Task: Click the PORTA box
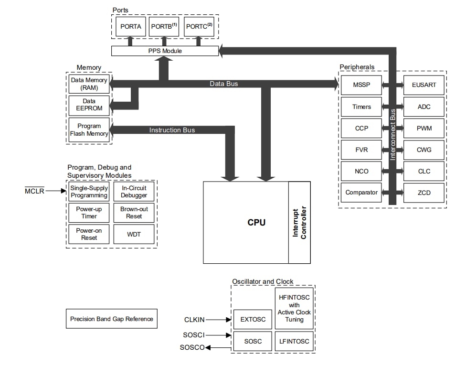(x=130, y=27)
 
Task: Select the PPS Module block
(x=165, y=51)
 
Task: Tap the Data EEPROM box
(x=89, y=105)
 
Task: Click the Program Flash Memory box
(x=89, y=130)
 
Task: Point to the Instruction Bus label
(x=172, y=130)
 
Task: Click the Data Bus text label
(x=223, y=84)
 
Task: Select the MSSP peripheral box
(x=361, y=85)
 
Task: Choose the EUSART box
(x=424, y=85)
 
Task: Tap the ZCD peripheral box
(x=424, y=193)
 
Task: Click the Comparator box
(x=361, y=193)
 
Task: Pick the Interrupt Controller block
(x=299, y=223)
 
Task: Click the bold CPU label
(x=256, y=222)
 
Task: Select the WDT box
(x=134, y=234)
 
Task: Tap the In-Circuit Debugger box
(x=134, y=191)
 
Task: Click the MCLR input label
(x=34, y=191)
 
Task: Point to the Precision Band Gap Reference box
(x=112, y=319)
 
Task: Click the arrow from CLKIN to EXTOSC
(x=220, y=320)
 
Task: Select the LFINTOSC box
(x=294, y=341)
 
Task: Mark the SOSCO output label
(x=192, y=347)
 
